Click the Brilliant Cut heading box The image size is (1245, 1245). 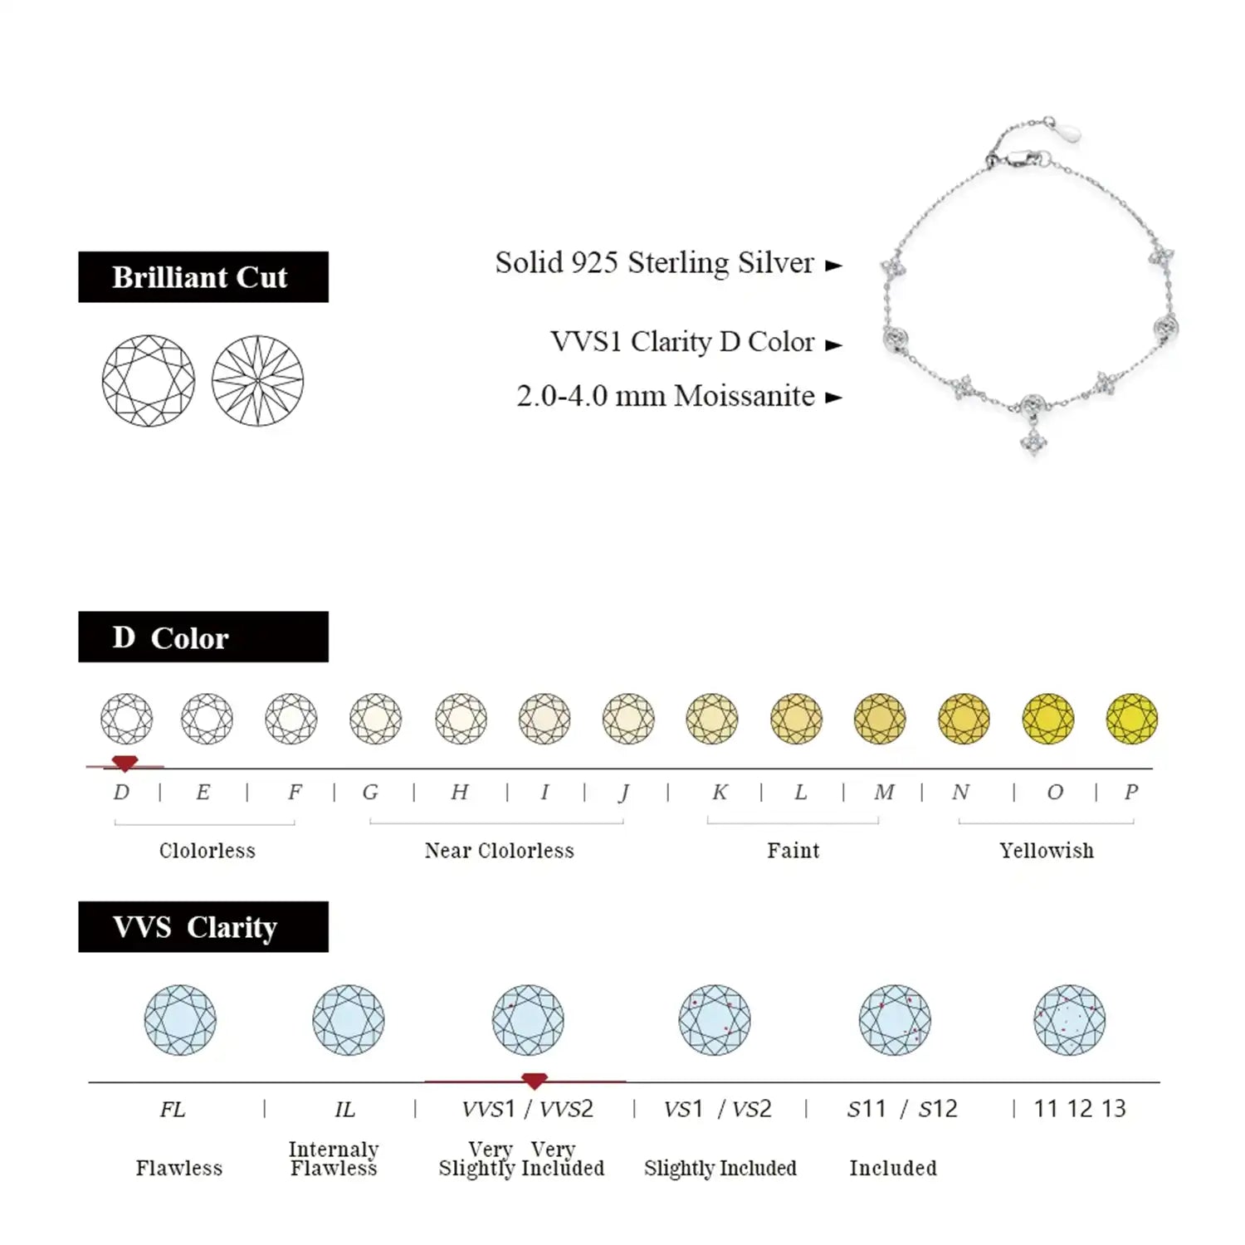tap(203, 276)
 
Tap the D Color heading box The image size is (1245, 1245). tap(203, 637)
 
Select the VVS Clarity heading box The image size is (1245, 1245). tap(203, 926)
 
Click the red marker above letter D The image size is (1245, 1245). tap(124, 763)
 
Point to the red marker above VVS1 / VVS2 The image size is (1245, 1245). tap(535, 1080)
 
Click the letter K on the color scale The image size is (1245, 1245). tap(720, 792)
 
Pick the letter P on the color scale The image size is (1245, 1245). tap(1130, 792)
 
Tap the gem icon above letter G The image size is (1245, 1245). tap(375, 718)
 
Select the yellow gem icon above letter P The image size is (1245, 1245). tap(1131, 718)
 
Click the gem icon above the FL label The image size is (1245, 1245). tap(180, 1020)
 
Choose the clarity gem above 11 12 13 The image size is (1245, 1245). tap(1069, 1020)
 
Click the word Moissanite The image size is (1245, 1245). tap(745, 396)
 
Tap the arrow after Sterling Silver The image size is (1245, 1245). tap(833, 266)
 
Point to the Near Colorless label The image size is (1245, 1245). tap(499, 850)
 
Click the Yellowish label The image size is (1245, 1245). tap(1046, 850)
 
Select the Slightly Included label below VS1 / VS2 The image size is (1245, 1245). tap(720, 1168)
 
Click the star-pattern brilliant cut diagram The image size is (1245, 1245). tap(257, 381)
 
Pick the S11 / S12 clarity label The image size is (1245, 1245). tap(901, 1109)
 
